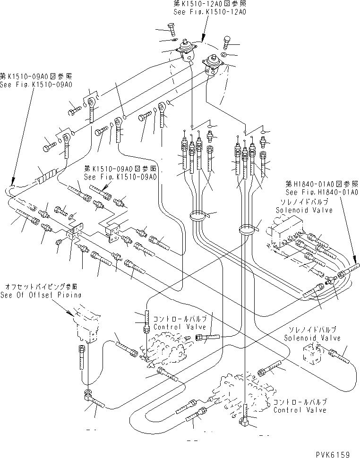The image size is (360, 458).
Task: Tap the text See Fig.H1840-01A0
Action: (321, 192)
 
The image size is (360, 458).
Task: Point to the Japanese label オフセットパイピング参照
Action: (41, 287)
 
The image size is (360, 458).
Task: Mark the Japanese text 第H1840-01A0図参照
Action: (321, 184)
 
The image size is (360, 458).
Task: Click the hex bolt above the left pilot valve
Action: (171, 29)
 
